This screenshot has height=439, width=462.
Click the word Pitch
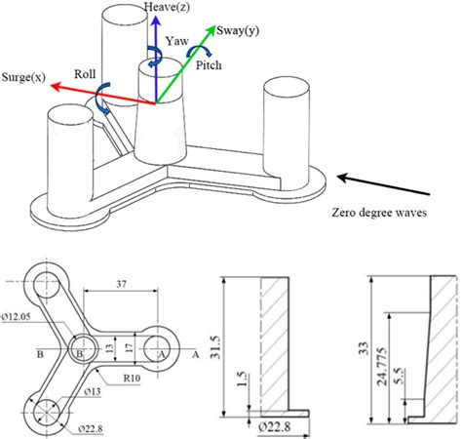[208, 66]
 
